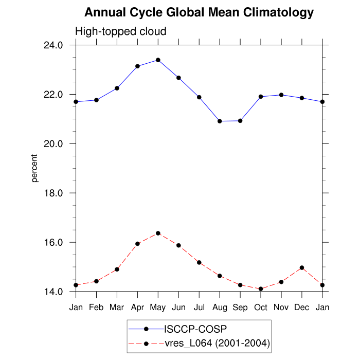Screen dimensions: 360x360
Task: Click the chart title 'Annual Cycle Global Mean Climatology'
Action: coord(199,12)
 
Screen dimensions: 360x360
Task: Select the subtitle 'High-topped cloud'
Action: coord(121,31)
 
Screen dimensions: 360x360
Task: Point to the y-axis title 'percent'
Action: coord(34,168)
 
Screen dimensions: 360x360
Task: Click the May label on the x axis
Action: coord(158,307)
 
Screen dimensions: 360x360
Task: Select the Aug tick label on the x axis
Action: coord(220,307)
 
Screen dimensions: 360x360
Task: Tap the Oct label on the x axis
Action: coord(261,307)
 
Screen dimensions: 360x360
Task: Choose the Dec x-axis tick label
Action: coord(302,307)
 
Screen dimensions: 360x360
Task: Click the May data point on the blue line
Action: coord(158,60)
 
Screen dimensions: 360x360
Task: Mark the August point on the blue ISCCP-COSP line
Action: coord(220,121)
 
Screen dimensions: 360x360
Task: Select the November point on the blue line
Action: coord(281,95)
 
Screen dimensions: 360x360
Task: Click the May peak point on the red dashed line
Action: coord(158,233)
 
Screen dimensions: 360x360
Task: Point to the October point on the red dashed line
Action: coord(261,289)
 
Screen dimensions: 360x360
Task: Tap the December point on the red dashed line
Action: coord(302,267)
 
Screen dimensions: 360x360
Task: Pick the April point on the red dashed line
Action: coord(137,244)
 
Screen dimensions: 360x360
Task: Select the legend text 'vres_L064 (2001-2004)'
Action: coord(217,343)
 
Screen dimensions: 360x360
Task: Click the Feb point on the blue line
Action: coord(96,100)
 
